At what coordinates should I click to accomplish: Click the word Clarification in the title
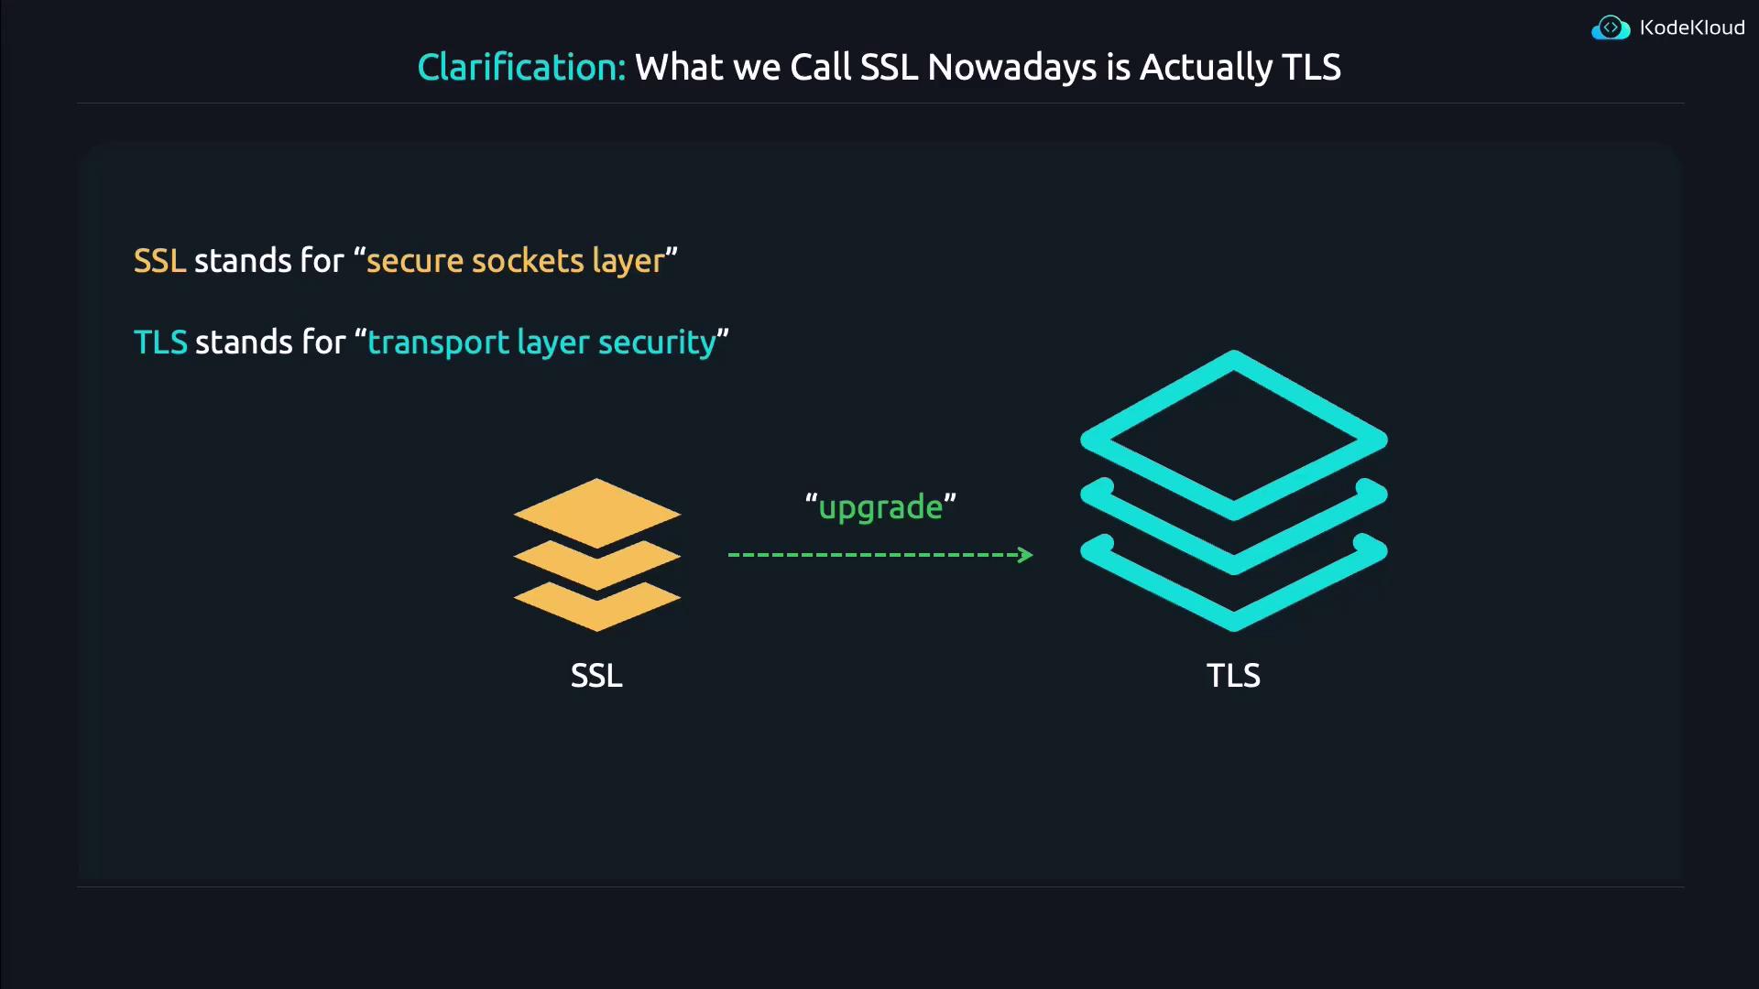point(520,67)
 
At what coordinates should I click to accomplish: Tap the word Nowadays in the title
point(1011,67)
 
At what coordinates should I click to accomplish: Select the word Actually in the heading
point(1206,67)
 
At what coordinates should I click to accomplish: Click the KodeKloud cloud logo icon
point(1610,28)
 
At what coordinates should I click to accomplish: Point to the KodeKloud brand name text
point(1692,27)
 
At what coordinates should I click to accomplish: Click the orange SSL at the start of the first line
point(159,261)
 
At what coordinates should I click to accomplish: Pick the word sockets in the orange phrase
point(528,261)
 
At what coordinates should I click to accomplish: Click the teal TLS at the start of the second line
point(160,342)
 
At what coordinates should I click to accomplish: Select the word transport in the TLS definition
point(438,342)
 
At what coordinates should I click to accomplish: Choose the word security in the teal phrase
point(657,342)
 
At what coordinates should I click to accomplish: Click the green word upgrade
point(880,507)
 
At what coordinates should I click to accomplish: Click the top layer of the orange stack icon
point(597,511)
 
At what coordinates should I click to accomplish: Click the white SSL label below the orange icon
point(596,676)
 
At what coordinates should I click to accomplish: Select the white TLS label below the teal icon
point(1233,676)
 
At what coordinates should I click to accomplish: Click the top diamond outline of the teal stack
point(1233,362)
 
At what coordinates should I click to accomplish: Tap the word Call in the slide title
point(821,67)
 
